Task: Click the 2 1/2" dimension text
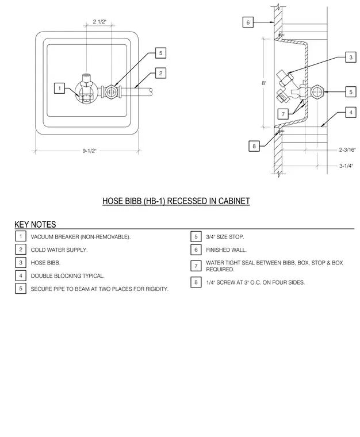tap(99, 22)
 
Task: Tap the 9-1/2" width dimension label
tap(89, 151)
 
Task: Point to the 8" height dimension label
tap(264, 83)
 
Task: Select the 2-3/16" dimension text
tap(347, 150)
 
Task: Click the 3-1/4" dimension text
tap(346, 166)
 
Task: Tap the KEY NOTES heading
tap(35, 224)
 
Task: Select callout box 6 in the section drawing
tap(248, 22)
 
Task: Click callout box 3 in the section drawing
tap(351, 57)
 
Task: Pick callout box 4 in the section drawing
tap(351, 112)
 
